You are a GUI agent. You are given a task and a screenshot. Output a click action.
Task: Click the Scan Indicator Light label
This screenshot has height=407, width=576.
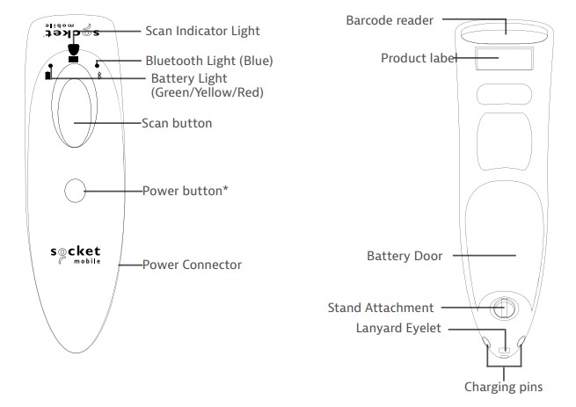coord(201,31)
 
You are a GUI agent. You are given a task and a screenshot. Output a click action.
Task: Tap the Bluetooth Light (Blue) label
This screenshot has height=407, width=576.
coord(208,61)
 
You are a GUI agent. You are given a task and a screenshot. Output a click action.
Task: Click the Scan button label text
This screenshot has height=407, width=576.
coord(177,123)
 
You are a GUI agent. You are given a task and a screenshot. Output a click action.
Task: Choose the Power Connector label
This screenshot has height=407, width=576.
coord(192,264)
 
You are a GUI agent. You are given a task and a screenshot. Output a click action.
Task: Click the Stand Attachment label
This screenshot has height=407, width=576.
coord(381,308)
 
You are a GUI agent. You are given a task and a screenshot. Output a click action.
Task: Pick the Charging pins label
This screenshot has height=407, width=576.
coord(504,386)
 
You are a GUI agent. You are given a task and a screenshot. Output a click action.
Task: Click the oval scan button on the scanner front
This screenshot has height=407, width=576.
coord(75,118)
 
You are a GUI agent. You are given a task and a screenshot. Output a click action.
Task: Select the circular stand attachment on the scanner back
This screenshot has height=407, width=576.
coord(503,309)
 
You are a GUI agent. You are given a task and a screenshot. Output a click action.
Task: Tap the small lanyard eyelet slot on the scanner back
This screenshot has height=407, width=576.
coord(504,351)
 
